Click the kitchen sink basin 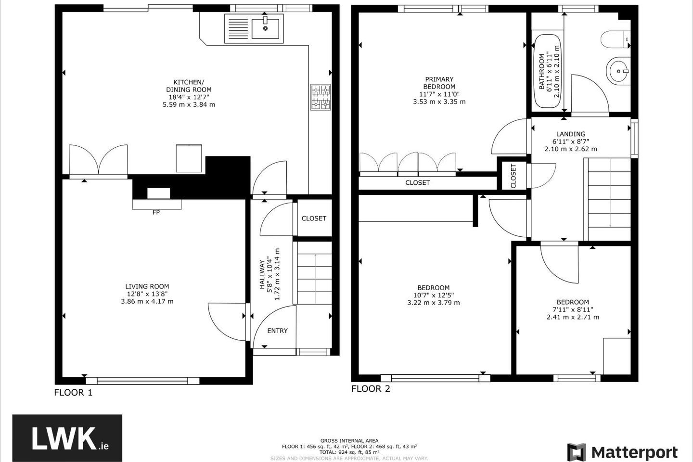[266, 28]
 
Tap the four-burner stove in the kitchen [321, 97]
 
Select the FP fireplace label [156, 213]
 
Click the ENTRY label [278, 331]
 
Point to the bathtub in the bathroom [548, 71]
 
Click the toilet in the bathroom [616, 39]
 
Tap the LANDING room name [571, 134]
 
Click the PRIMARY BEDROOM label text [439, 83]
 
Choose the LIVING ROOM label [147, 286]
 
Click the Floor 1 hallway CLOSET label [314, 218]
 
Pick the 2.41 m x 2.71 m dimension [573, 317]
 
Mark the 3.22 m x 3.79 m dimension [434, 303]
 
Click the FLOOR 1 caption [73, 393]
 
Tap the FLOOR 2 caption [371, 389]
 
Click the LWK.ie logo [67, 438]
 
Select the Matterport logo [622, 452]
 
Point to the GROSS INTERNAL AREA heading [349, 441]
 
